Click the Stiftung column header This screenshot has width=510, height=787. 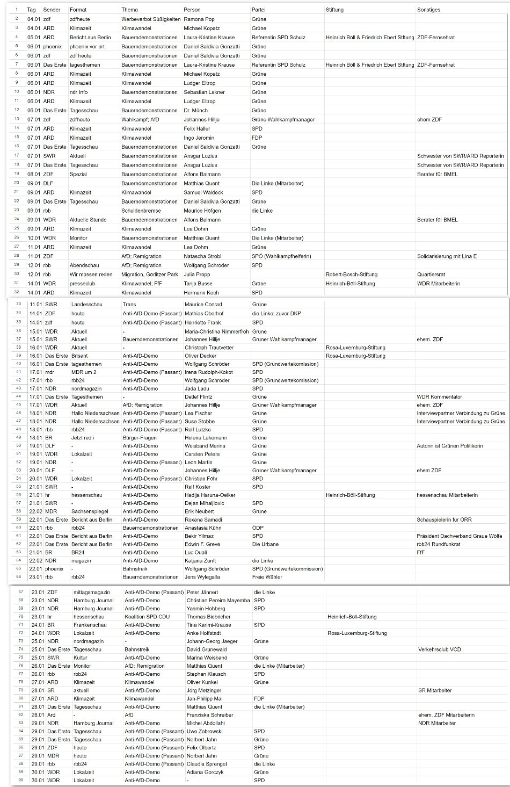click(334, 10)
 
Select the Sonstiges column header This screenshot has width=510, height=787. click(429, 10)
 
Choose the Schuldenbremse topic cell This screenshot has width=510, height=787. click(141, 211)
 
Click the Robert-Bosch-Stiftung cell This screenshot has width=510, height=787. click(352, 275)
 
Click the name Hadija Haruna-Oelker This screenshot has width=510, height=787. click(210, 495)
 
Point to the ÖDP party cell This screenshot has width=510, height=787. click(258, 528)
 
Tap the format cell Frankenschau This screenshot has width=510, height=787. click(90, 625)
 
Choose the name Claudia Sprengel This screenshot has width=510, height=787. click(207, 764)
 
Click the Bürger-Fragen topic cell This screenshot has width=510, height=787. click(140, 438)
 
